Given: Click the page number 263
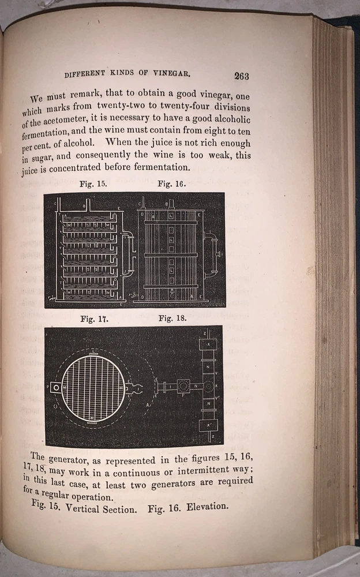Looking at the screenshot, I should tap(241, 76).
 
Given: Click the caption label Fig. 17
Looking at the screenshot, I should tap(95, 318).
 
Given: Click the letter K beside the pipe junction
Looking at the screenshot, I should tap(216, 385).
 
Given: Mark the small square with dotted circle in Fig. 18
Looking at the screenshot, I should tap(183, 385).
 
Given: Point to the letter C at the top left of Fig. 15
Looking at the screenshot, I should tap(55, 203).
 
